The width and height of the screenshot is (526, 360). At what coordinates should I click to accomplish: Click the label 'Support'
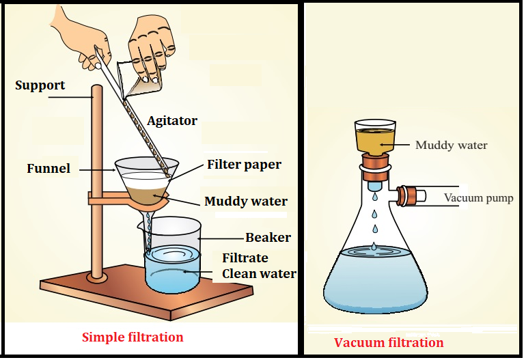click(40, 85)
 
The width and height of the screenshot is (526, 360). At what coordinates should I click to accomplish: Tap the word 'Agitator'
click(172, 121)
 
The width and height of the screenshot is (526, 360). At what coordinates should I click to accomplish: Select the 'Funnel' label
click(49, 168)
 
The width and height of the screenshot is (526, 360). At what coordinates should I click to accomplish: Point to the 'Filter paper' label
click(244, 165)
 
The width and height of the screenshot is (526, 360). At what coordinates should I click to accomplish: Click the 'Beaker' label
click(268, 238)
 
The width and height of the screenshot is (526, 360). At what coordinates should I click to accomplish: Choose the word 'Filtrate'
click(245, 258)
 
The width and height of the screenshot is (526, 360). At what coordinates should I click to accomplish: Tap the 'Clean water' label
click(259, 274)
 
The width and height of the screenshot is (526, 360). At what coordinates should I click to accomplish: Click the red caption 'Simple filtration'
click(133, 337)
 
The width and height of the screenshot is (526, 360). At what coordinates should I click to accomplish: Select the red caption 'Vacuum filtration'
click(389, 342)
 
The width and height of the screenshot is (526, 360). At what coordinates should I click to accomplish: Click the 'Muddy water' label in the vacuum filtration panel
click(452, 145)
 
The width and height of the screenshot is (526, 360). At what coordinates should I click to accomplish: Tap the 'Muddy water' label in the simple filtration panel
click(246, 202)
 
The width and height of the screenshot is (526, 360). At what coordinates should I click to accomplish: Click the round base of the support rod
click(98, 277)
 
